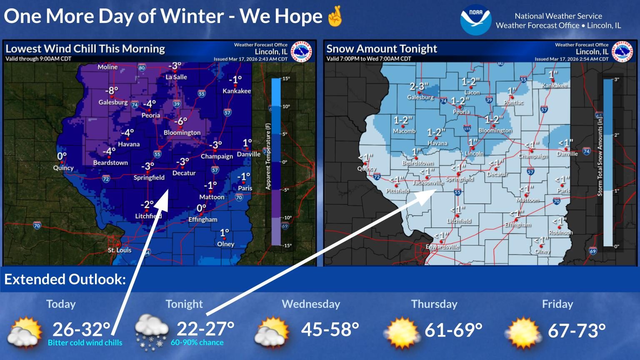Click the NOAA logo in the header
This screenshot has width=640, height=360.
[x=476, y=20]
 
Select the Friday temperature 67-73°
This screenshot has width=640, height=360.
[x=576, y=330]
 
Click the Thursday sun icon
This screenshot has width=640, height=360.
[x=402, y=332]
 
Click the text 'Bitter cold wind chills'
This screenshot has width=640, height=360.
[x=85, y=343]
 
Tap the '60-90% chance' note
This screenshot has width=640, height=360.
[x=197, y=342]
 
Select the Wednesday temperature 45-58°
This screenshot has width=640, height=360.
[x=330, y=329]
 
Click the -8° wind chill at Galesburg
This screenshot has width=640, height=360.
[x=112, y=91]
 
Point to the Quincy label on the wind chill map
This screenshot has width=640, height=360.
[x=63, y=168]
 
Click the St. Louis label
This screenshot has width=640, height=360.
[x=120, y=250]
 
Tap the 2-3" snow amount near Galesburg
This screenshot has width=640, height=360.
[x=419, y=86]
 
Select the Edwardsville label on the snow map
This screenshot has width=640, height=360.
[x=442, y=247]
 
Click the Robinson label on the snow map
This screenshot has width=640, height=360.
[x=560, y=232]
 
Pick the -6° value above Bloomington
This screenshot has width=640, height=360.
[x=181, y=121]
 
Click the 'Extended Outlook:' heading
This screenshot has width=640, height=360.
[x=65, y=279]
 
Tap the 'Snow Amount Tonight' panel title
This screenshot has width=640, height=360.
[x=382, y=49]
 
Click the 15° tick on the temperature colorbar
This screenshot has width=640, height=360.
[x=286, y=79]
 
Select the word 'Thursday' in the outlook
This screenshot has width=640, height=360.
[x=434, y=304]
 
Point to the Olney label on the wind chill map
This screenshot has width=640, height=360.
[x=226, y=244]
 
